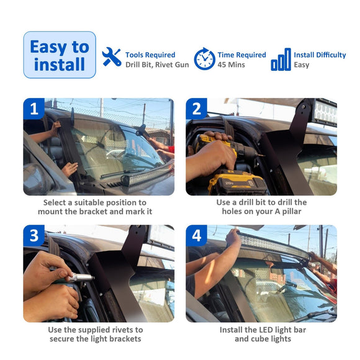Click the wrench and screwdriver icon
point(112,57)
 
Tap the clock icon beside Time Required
point(205,59)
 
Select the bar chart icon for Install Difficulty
point(281,59)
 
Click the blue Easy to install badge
point(60,55)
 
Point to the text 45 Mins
point(231,65)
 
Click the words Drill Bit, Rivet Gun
point(157,65)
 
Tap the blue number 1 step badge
point(34,109)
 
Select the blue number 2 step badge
point(197,109)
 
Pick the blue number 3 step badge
point(34,236)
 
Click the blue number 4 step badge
point(197,236)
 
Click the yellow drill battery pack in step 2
point(238,182)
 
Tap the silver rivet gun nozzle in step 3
point(81,277)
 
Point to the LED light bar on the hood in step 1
point(147,174)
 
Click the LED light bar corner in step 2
point(325,113)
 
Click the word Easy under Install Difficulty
point(302,65)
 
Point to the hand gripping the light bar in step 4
point(233,236)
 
